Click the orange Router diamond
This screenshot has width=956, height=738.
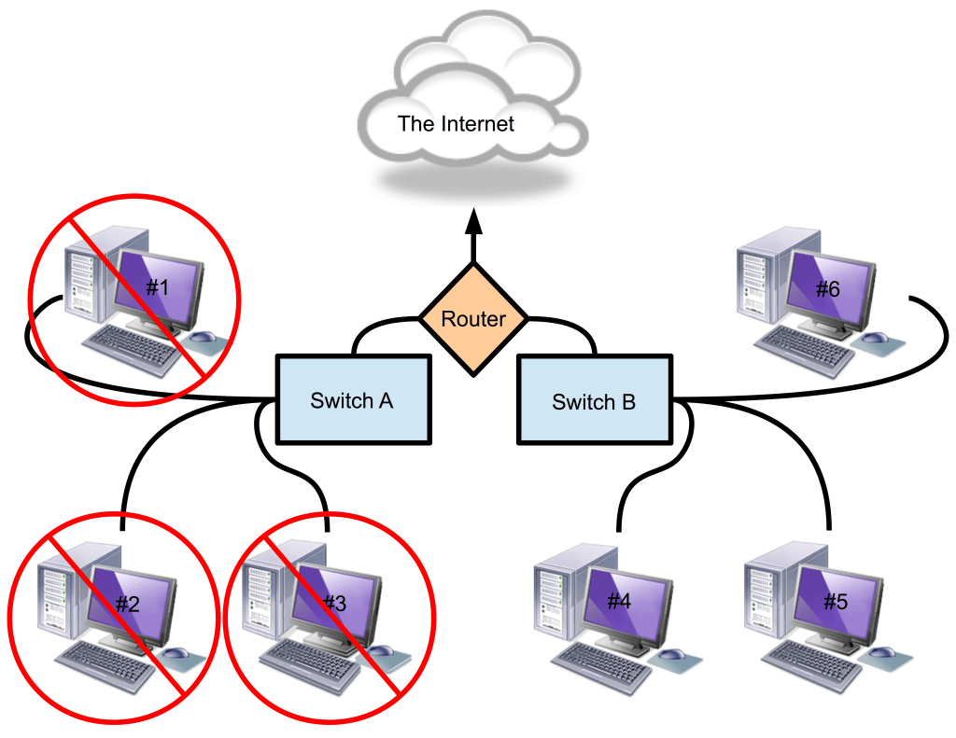pyautogui.click(x=473, y=319)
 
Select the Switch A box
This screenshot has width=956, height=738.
pyautogui.click(x=353, y=399)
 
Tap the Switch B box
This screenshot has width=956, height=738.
pyautogui.click(x=594, y=401)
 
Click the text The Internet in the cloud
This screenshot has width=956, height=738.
pyautogui.click(x=456, y=123)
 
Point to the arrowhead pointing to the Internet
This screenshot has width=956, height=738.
pyautogui.click(x=473, y=221)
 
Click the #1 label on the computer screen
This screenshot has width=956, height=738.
pyautogui.click(x=157, y=286)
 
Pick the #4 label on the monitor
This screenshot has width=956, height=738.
pyautogui.click(x=619, y=601)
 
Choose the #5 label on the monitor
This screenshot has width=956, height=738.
pyautogui.click(x=836, y=601)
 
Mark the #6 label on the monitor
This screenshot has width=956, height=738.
pyautogui.click(x=827, y=289)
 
